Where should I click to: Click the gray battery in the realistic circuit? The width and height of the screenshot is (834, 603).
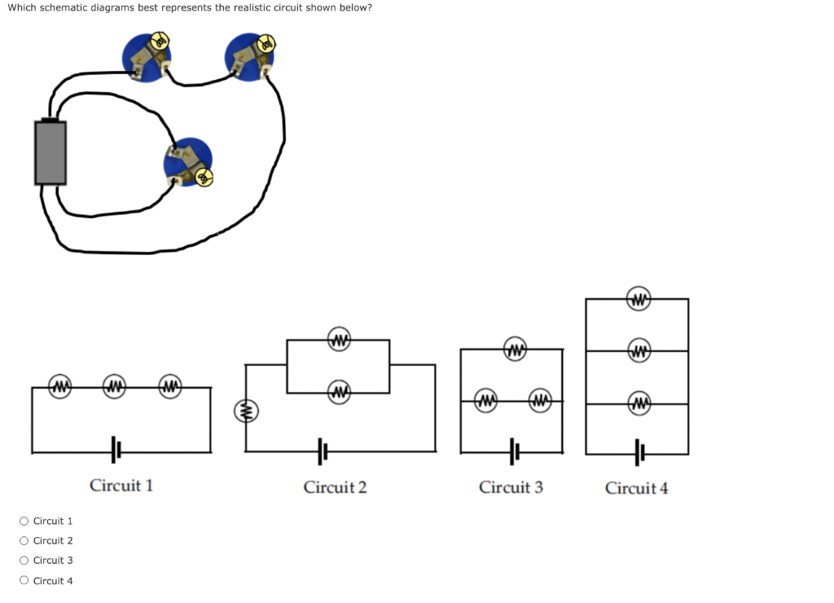[50, 152]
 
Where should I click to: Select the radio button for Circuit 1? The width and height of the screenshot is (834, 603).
[24, 521]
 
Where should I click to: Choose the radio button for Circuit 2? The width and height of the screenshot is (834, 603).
[24, 540]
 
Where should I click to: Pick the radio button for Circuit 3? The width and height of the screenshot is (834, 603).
[24, 561]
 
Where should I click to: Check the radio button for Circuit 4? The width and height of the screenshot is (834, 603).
[24, 581]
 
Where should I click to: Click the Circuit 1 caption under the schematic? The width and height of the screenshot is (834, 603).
[121, 486]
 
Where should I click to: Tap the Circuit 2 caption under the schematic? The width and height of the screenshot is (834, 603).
[335, 487]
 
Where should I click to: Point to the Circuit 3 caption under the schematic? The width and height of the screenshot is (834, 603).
[511, 487]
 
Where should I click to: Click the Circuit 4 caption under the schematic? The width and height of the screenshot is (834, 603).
[636, 488]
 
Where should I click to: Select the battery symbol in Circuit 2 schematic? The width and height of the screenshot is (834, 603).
[323, 449]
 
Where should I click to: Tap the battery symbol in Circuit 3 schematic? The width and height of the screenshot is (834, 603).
[514, 450]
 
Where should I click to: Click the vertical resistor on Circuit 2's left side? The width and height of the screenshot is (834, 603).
[245, 412]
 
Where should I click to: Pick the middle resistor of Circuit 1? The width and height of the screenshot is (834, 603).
[115, 385]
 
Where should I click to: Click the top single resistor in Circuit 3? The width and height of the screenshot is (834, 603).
[513, 350]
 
